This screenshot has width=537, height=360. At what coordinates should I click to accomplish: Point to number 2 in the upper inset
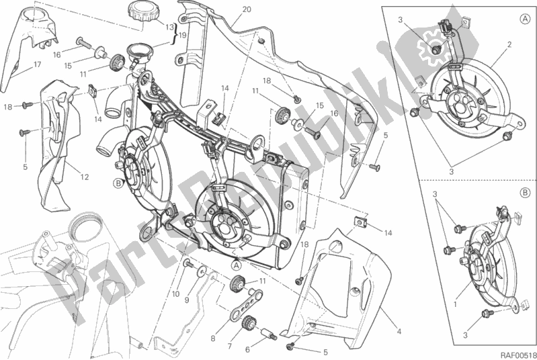tap(509, 46)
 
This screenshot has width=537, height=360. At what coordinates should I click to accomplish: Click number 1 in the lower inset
tap(457, 304)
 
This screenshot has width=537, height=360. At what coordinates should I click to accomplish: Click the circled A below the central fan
tap(237, 265)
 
